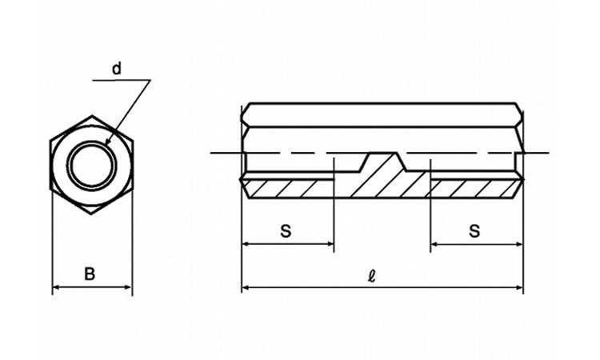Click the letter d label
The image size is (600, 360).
[117, 69]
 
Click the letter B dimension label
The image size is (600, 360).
[90, 274]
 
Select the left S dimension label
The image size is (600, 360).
[286, 231]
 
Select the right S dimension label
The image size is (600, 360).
[474, 231]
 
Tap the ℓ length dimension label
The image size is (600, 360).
[371, 276]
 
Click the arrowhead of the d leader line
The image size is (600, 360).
[107, 142]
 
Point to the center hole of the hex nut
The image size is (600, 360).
[91, 166]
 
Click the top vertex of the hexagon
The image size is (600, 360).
[92, 115]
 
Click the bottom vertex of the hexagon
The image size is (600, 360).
[91, 214]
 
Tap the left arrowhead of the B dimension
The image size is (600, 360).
[55, 287]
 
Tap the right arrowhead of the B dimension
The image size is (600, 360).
[129, 287]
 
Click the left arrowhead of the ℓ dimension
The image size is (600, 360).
[246, 287]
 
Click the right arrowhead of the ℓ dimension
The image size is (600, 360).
[519, 287]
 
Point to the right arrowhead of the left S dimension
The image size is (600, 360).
[330, 244]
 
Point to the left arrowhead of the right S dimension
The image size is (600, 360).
[434, 244]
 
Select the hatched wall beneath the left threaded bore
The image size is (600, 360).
[288, 189]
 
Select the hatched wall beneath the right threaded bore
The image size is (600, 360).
[477, 189]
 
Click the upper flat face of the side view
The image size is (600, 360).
[382, 114]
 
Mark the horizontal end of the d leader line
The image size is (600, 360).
[93, 80]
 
